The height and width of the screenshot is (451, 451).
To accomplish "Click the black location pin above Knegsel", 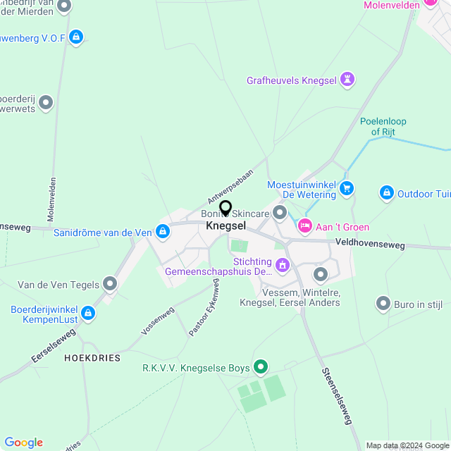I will [x=225, y=209].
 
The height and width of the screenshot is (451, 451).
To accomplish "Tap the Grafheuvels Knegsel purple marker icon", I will [x=347, y=80].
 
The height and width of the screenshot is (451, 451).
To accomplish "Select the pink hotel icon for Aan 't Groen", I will [x=305, y=226].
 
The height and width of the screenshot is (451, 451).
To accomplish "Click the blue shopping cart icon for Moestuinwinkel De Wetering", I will [x=346, y=188].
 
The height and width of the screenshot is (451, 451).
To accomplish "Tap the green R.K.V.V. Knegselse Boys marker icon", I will [x=261, y=366].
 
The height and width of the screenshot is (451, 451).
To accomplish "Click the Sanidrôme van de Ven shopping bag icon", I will [x=163, y=231].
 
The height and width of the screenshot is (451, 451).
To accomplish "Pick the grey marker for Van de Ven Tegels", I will [x=110, y=284].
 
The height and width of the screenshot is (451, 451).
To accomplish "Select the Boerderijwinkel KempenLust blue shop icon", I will [x=88, y=312].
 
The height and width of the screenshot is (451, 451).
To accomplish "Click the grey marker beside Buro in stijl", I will [x=383, y=304].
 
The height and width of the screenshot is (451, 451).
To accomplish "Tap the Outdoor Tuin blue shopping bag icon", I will [x=386, y=192].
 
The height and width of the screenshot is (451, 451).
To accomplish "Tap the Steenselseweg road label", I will [x=335, y=396].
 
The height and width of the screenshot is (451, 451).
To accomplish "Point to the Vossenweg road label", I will [x=157, y=320].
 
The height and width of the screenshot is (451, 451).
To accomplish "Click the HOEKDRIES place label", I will [x=92, y=358].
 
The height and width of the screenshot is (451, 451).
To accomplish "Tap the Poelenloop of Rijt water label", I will [x=383, y=126].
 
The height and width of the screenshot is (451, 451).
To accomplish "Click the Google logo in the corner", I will [x=23, y=443].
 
